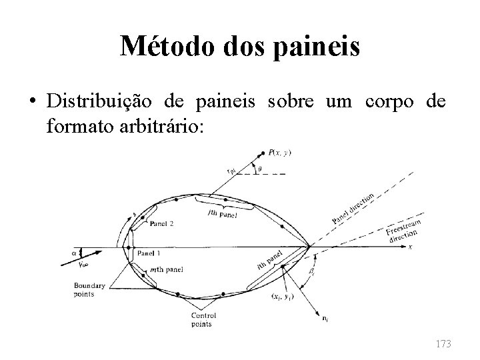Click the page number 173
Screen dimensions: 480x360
pyautogui.click(x=442, y=343)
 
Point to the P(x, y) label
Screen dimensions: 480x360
pyautogui.click(x=280, y=153)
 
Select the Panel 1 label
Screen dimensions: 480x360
pyautogui.click(x=149, y=253)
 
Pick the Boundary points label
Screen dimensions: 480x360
pyautogui.click(x=90, y=290)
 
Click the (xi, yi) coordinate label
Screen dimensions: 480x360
pyautogui.click(x=269, y=295)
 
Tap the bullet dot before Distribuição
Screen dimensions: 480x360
pyautogui.click(x=32, y=102)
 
